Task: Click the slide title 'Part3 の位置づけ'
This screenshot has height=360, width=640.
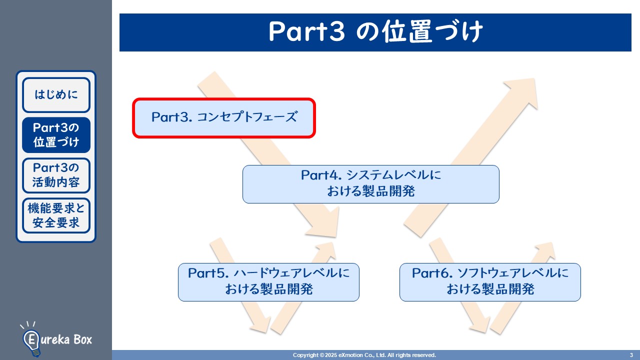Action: pos(375,32)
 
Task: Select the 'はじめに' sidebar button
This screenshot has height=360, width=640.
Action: pos(56,94)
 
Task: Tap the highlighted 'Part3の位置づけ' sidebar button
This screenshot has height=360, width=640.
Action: pos(56,135)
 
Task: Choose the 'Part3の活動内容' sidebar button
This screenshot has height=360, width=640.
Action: pos(56,175)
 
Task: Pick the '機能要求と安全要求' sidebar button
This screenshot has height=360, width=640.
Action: pos(56,215)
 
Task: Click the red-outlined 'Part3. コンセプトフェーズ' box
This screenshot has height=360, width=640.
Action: pos(224,117)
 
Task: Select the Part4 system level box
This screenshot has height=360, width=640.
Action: pos(370,184)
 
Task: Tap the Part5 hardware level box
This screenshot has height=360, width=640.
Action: pos(268,282)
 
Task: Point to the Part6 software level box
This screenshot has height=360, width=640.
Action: pos(490,282)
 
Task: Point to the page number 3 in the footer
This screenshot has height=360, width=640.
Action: pos(631,355)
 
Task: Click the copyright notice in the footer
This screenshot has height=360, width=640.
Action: pos(364,355)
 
